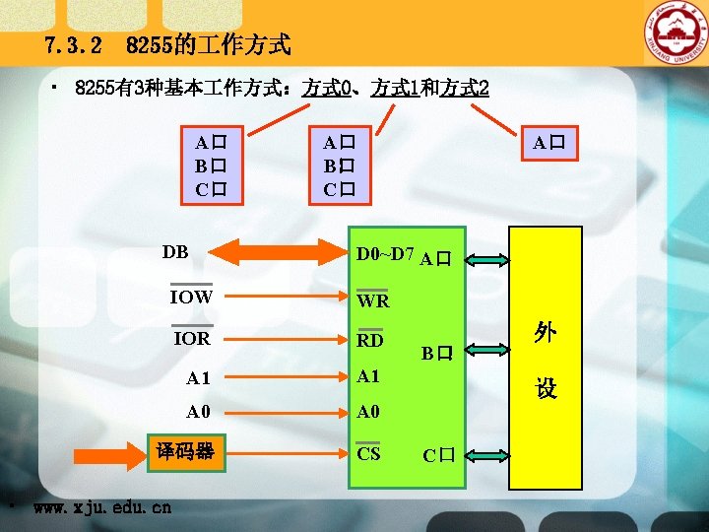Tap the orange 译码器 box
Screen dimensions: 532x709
point(186,452)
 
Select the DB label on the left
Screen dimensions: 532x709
point(175,252)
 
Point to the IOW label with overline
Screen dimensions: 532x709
point(191,296)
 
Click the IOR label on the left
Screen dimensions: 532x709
point(192,338)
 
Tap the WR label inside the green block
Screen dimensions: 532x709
point(373,300)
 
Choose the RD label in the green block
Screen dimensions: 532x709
point(370,341)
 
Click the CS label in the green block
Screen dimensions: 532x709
point(368,453)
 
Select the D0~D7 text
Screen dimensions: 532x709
point(385,254)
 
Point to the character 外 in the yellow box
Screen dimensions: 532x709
point(546,333)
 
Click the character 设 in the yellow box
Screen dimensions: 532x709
point(546,389)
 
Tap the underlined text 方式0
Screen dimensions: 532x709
point(329,88)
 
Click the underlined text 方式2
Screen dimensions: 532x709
point(465,88)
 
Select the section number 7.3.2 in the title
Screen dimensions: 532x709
point(74,45)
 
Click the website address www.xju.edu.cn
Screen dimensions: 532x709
point(101,507)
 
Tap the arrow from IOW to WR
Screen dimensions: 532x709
point(281,296)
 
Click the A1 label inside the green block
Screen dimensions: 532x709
point(369,376)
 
